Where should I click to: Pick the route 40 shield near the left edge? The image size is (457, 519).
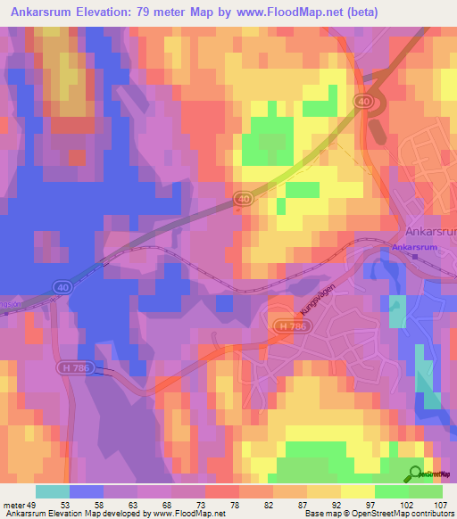pyautogui.click(x=61, y=286)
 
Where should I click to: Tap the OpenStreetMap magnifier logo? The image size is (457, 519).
pyautogui.click(x=415, y=473)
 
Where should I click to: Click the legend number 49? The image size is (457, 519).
pyautogui.click(x=33, y=505)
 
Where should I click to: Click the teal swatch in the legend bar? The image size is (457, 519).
pyautogui.click(x=52, y=491)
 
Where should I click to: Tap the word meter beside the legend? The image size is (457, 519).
pyautogui.click(x=14, y=505)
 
